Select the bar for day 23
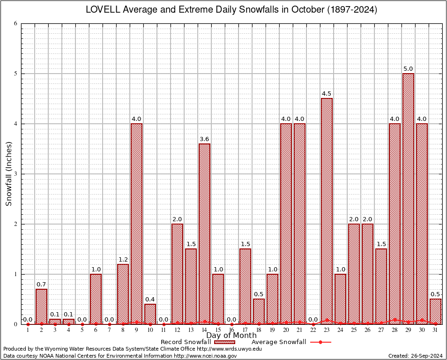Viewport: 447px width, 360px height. pyautogui.click(x=327, y=211)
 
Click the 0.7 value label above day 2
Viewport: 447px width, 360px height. pyautogui.click(x=41, y=285)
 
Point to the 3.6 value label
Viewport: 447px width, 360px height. pyautogui.click(x=204, y=139)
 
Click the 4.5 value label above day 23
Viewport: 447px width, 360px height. pyautogui.click(x=327, y=94)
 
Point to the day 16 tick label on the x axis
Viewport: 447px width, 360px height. pyautogui.click(x=231, y=330)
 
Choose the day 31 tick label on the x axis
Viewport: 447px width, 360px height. pyautogui.click(x=435, y=330)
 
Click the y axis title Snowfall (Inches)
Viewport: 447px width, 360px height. pyautogui.click(x=8, y=174)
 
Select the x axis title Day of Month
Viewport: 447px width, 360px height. pyautogui.click(x=231, y=336)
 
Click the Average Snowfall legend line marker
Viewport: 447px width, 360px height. pyautogui.click(x=320, y=342)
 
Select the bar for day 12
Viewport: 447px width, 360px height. pyautogui.click(x=177, y=274)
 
